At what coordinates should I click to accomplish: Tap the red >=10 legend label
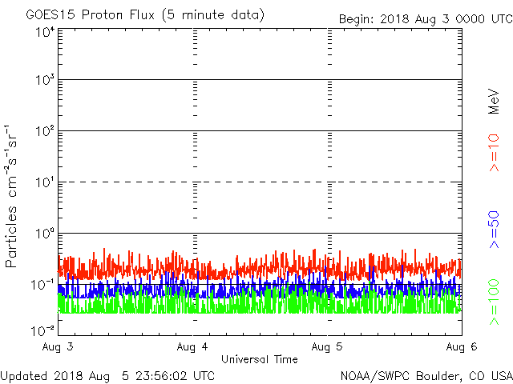[x=494, y=153]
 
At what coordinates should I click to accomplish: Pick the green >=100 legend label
[x=494, y=302]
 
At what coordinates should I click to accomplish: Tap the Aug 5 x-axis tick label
[x=328, y=347]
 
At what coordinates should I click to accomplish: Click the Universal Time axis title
[x=259, y=360]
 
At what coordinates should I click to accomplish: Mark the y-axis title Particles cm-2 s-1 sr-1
[x=14, y=195]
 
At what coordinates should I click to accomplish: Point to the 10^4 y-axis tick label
[x=44, y=33]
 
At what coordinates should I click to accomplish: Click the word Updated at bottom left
[x=24, y=374]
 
